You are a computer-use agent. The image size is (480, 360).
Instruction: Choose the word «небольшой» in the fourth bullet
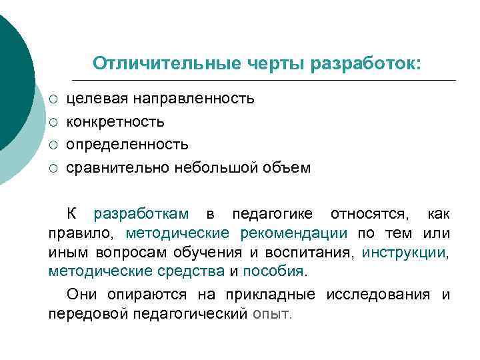click(x=221, y=167)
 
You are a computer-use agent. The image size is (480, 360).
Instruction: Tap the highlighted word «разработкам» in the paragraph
click(x=141, y=214)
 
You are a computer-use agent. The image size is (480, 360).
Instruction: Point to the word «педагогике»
click(x=273, y=214)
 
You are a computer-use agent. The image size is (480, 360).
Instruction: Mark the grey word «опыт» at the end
click(x=271, y=314)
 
